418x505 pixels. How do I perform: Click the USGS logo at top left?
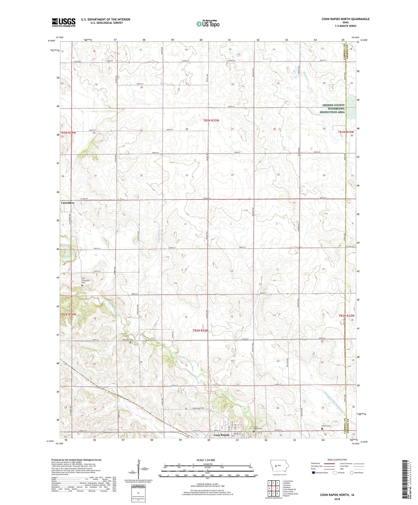(x=64, y=22)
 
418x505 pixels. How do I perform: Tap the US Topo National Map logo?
(x=208, y=24)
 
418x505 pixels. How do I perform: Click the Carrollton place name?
(x=68, y=203)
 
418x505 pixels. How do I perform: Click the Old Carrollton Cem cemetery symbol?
(x=82, y=286)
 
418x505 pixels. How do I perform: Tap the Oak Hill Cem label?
(x=127, y=340)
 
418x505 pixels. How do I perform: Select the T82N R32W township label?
(x=346, y=316)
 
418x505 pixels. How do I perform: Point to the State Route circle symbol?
(x=352, y=472)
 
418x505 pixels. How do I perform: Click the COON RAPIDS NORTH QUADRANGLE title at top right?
(x=346, y=19)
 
